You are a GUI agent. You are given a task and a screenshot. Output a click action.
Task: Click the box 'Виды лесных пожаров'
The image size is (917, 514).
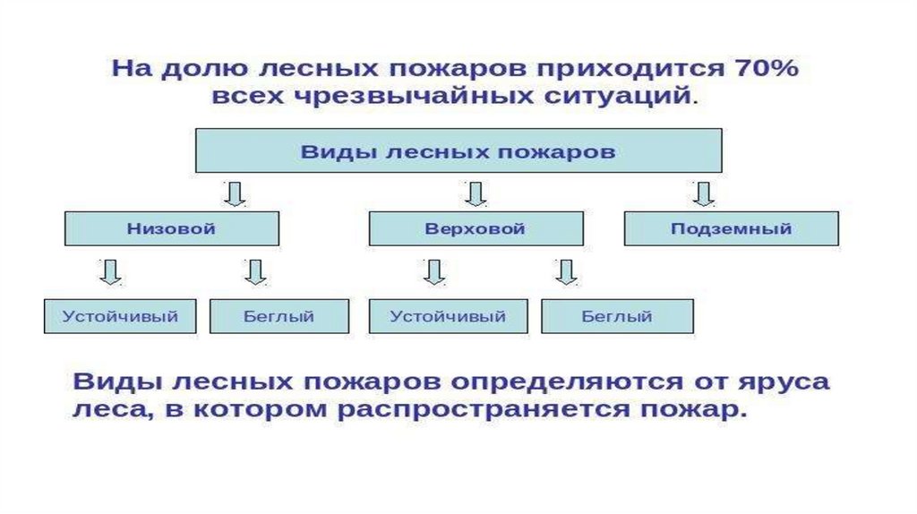pyautogui.click(x=458, y=151)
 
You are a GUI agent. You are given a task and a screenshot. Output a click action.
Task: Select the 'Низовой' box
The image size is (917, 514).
pyautogui.click(x=172, y=228)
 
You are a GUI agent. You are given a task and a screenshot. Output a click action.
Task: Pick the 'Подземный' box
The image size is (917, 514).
pyautogui.click(x=731, y=228)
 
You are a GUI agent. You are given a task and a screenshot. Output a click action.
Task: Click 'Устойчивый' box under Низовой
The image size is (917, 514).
pyautogui.click(x=120, y=316)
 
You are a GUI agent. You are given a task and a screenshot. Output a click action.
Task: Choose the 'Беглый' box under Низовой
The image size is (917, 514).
pyautogui.click(x=279, y=316)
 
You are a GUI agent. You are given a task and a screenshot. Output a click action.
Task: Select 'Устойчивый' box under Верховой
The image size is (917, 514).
pyautogui.click(x=449, y=316)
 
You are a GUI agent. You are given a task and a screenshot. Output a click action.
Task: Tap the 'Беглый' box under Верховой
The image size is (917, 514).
pyautogui.click(x=617, y=316)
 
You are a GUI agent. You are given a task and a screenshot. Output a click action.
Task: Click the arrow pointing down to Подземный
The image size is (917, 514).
pyautogui.click(x=704, y=193)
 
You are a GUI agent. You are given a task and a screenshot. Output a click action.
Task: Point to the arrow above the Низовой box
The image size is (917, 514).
pyautogui.click(x=236, y=193)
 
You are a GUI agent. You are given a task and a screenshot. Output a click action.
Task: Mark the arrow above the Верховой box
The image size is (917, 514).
pyautogui.click(x=475, y=193)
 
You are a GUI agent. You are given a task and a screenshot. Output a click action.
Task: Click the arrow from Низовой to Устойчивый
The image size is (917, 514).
pyautogui.click(x=110, y=271)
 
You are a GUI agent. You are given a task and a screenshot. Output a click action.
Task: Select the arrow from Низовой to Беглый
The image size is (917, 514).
pyautogui.click(x=255, y=271)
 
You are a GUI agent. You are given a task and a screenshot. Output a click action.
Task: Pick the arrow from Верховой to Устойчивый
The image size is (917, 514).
pyautogui.click(x=434, y=271)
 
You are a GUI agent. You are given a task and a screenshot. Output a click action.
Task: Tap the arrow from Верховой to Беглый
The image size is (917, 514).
pyautogui.click(x=565, y=271)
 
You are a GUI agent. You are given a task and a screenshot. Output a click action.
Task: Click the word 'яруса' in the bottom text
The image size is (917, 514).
pyautogui.click(x=789, y=382)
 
